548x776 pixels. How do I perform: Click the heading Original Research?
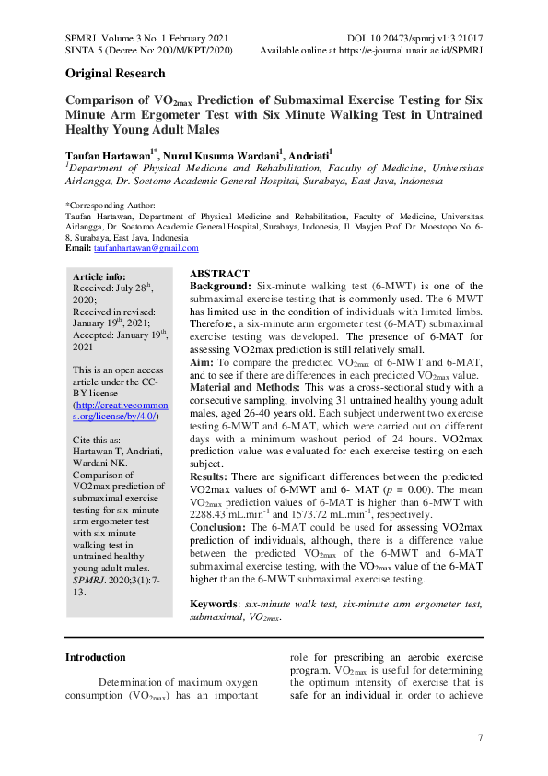tap(115, 74)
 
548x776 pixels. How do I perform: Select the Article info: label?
tap(99, 276)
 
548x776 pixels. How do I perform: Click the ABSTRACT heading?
tap(219, 275)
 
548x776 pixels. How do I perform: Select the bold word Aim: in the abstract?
tap(202, 364)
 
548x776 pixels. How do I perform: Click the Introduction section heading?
tap(95, 657)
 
